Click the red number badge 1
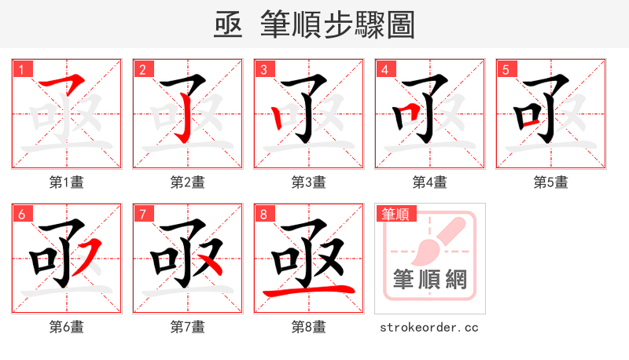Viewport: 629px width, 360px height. (21, 70)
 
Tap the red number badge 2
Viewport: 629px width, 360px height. (142, 70)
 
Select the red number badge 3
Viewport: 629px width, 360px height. (263, 70)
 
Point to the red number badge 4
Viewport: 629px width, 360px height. (384, 70)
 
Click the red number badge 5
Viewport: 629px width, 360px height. (506, 70)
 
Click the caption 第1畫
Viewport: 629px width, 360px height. (67, 182)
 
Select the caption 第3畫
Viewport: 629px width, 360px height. (309, 182)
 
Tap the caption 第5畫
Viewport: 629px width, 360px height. (551, 182)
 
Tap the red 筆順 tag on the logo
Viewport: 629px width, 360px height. (396, 214)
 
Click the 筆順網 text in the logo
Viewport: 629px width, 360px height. (429, 280)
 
